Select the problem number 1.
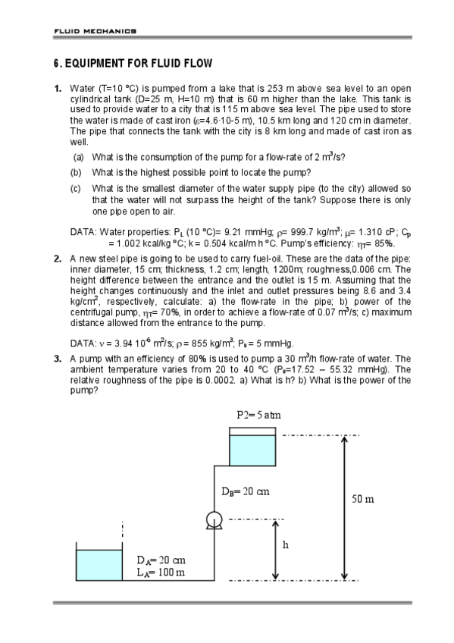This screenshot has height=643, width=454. (x=58, y=88)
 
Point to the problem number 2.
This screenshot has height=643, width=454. (x=58, y=259)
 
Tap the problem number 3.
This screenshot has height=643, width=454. (x=58, y=358)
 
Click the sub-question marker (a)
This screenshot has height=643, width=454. (x=78, y=158)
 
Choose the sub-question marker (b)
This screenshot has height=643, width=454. (x=78, y=172)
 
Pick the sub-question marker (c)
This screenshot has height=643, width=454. (x=78, y=187)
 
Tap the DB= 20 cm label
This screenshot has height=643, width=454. (x=246, y=491)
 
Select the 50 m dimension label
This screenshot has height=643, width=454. (x=363, y=499)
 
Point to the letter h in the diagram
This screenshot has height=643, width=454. (x=286, y=544)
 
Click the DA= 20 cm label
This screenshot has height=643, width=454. (x=160, y=560)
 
